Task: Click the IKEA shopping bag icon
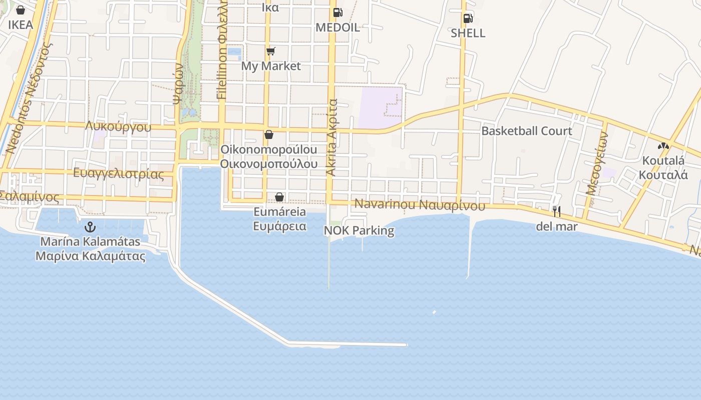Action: (x=21, y=10)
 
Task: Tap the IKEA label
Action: (x=21, y=24)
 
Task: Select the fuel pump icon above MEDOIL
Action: (x=337, y=12)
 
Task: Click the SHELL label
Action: (x=468, y=33)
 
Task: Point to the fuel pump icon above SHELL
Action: (x=468, y=18)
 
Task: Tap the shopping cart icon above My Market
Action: (x=271, y=51)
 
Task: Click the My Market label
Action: (x=271, y=66)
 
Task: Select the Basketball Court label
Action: (x=526, y=131)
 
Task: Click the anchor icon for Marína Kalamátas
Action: (x=90, y=227)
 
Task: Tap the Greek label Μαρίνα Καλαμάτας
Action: (x=90, y=256)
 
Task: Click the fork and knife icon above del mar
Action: (x=556, y=211)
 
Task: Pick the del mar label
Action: (x=556, y=226)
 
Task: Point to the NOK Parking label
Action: (x=359, y=230)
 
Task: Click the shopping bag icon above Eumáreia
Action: (x=279, y=197)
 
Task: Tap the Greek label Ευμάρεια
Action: (x=279, y=225)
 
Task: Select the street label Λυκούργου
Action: (x=118, y=126)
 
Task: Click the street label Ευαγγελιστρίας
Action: (x=118, y=174)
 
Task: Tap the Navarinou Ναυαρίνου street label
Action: (x=420, y=205)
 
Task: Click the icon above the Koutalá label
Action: (x=663, y=146)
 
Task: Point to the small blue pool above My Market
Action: (x=234, y=51)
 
